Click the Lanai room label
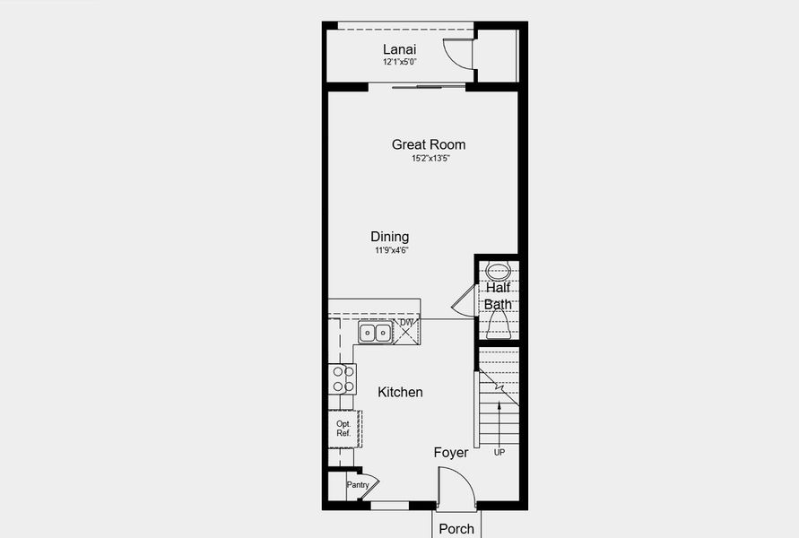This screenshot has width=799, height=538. (x=399, y=49)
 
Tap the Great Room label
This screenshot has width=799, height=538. (x=429, y=144)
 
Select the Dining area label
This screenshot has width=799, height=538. (x=390, y=237)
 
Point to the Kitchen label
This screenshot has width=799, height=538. (x=400, y=392)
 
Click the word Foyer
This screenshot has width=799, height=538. (x=451, y=453)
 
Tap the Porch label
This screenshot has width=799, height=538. (x=456, y=528)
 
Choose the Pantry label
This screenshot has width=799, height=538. (x=358, y=485)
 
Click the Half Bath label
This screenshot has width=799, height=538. (x=499, y=296)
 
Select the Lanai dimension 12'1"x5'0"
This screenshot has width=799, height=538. (x=399, y=64)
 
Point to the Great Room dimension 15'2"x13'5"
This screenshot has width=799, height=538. (x=430, y=159)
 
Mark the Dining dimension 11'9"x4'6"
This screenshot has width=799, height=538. (x=392, y=251)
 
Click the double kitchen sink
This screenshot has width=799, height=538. (x=375, y=333)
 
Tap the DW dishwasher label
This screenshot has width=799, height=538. (x=406, y=323)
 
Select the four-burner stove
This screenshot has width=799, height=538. (x=343, y=378)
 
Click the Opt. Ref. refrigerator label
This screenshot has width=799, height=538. (x=343, y=429)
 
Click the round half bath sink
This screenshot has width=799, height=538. (x=497, y=271)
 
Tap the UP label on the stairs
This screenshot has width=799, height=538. (x=499, y=453)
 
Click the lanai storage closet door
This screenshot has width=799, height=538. (x=458, y=54)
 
